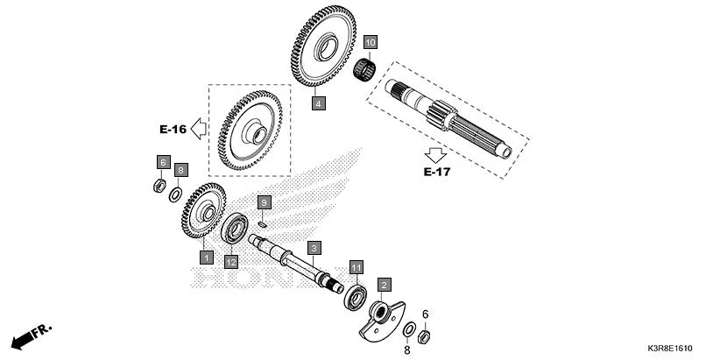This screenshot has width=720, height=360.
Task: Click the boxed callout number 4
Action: [x=319, y=103]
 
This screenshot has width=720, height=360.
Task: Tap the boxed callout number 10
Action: [x=371, y=42]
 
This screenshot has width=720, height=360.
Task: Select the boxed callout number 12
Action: [x=230, y=261]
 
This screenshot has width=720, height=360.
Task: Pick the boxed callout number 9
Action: [x=264, y=202]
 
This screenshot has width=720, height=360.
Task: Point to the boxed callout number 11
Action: [x=356, y=266]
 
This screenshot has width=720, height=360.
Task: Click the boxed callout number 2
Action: [x=384, y=284]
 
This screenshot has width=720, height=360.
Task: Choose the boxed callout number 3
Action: [x=314, y=248]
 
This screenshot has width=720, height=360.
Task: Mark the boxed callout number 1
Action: [x=206, y=258]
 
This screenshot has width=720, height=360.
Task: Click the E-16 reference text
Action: [x=173, y=130]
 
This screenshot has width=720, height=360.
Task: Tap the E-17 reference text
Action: [x=436, y=172]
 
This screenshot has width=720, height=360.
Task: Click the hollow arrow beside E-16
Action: [x=198, y=130]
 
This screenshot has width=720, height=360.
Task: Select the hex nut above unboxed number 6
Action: [x=425, y=336]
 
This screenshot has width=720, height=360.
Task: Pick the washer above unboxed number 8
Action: [x=409, y=329]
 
